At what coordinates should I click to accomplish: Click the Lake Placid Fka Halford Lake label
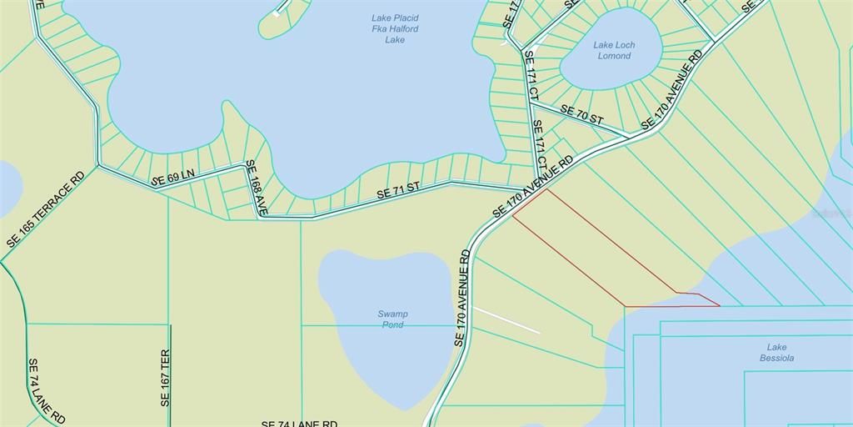tap(395, 28)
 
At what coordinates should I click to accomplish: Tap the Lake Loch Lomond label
tap(614, 50)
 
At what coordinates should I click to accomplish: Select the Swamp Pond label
tap(393, 319)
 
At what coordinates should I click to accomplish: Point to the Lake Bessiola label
tap(776, 353)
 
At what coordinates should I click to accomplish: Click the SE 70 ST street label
tap(581, 115)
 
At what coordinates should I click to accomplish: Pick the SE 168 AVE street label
tap(254, 188)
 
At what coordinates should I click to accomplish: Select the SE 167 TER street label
tap(164, 377)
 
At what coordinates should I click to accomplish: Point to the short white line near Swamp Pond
tap(506, 320)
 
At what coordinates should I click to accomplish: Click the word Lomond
tap(614, 56)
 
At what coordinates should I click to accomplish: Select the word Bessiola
tap(776, 359)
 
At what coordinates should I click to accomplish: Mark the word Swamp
tap(393, 314)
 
